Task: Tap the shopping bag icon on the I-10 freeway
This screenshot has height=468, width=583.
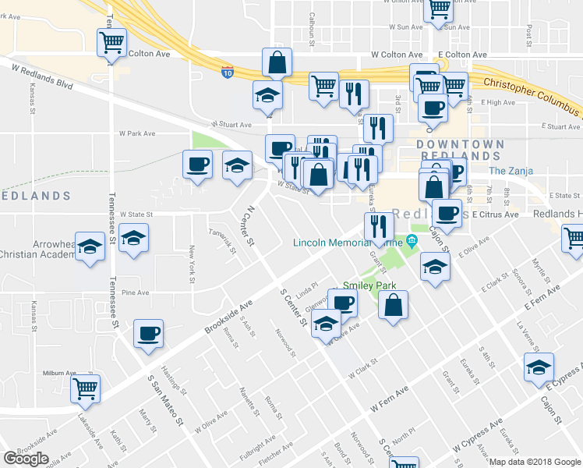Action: [277, 62]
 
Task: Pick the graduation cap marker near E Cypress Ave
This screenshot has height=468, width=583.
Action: [539, 367]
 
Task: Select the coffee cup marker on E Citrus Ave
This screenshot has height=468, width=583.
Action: [447, 212]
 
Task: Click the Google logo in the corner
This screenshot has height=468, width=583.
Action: [26, 459]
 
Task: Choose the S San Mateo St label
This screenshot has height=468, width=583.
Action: [165, 399]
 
